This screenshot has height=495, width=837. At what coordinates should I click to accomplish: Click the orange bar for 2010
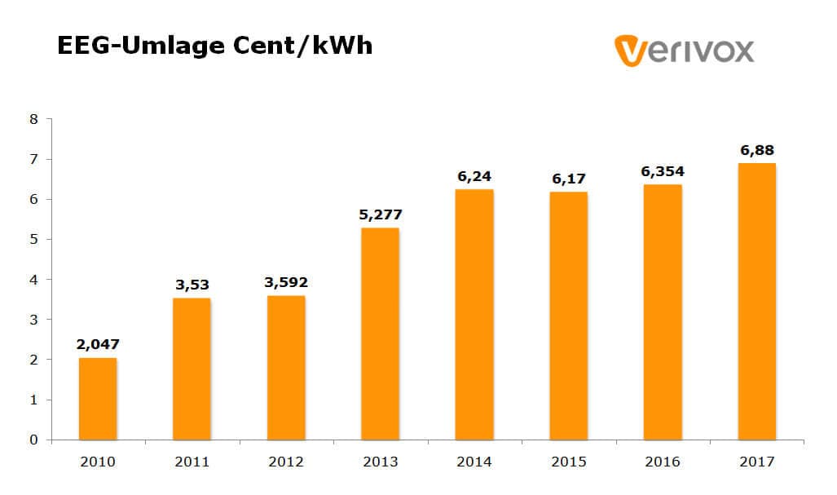point(98,399)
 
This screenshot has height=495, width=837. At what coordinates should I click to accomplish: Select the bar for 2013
point(380,334)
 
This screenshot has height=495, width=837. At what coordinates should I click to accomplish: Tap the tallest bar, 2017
point(756,301)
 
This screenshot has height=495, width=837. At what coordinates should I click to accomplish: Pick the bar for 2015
point(568,316)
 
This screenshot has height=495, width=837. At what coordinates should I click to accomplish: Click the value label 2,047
point(98,344)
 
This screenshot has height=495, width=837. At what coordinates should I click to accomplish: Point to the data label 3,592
point(286,283)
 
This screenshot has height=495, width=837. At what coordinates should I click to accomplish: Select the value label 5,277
point(380,214)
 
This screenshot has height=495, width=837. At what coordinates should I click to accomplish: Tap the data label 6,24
point(474,176)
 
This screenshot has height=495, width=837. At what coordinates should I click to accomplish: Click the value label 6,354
point(662,171)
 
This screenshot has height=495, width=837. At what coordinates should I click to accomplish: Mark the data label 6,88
point(756,150)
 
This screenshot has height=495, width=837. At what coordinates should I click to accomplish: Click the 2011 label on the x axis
point(192,462)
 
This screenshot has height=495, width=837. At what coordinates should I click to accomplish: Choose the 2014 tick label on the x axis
point(474,462)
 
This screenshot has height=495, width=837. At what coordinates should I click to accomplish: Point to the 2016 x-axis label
point(662,462)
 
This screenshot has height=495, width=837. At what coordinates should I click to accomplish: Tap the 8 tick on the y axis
point(34,119)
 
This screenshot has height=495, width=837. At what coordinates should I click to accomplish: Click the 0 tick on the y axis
point(34,440)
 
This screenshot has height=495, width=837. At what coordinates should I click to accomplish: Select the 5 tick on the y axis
point(34,240)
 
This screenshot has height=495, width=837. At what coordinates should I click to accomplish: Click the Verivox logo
point(685,50)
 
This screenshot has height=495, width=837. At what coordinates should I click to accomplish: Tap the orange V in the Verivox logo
point(630,50)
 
